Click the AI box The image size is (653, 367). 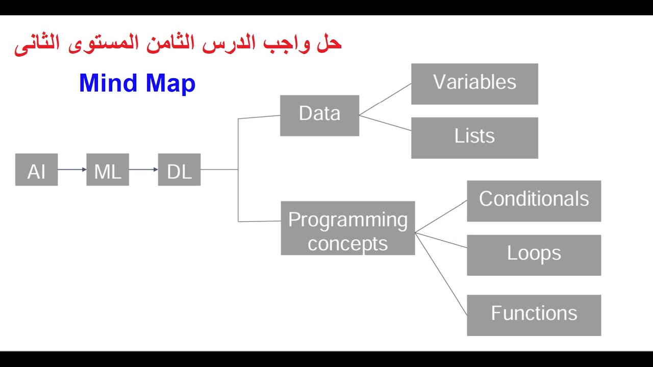pos(36,170)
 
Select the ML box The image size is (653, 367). pos(108,170)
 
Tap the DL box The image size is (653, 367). pos(179,170)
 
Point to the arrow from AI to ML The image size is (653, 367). pos(72,169)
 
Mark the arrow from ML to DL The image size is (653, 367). pos(143,169)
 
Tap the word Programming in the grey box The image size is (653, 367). pos(348,220)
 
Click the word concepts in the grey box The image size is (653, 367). pos(348,244)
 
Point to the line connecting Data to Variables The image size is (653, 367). pos(385,100)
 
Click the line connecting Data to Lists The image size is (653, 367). pos(385,123)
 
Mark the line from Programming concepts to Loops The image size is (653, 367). pos(441,240)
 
